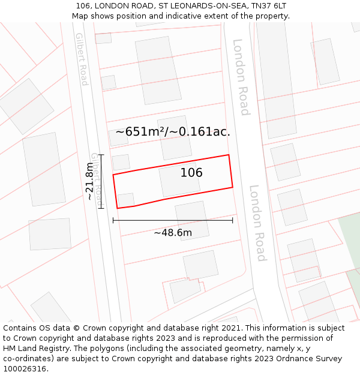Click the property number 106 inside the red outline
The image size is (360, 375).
(x=191, y=173)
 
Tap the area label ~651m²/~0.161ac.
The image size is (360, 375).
(x=173, y=132)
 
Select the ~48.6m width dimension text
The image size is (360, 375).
(x=173, y=233)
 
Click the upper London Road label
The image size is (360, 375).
(x=241, y=77)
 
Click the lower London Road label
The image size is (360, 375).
(x=257, y=223)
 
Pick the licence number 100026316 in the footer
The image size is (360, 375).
(x=26, y=369)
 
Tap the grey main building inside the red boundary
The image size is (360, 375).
(x=179, y=180)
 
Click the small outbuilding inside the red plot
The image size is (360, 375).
(x=126, y=200)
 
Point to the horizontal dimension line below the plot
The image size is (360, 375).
(x=173, y=220)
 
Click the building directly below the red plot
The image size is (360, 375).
(x=193, y=220)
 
